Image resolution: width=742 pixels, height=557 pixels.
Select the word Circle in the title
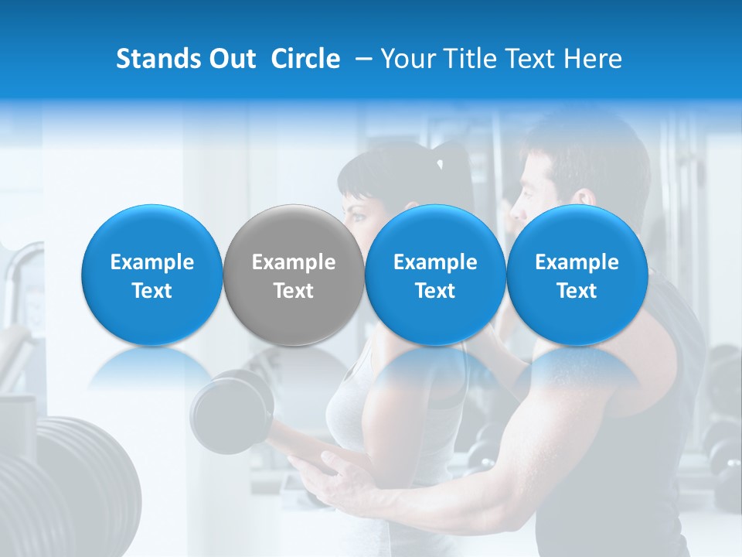coord(305,59)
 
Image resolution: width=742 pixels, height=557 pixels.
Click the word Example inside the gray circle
coord(294,262)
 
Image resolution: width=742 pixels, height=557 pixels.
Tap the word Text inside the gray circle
coord(294,291)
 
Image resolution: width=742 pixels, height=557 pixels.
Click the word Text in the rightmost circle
coord(577,291)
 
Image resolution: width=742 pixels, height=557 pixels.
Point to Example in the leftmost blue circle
coord(152,262)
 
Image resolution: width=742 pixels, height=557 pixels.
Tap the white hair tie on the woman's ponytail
coord(440,164)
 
